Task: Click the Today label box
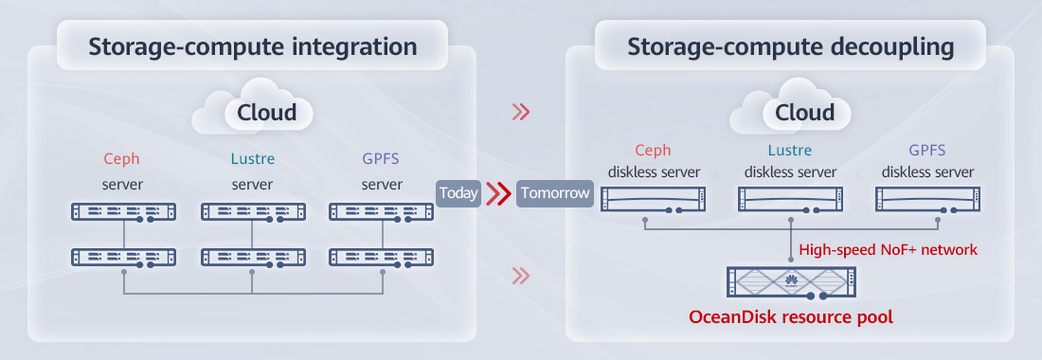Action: point(458,193)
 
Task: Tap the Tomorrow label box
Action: point(555,193)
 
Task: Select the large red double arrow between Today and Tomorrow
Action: point(497,193)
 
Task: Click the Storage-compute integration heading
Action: point(252,46)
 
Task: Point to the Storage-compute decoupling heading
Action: point(791,46)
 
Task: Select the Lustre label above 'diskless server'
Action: point(791,151)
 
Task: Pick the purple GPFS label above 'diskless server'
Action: point(926,151)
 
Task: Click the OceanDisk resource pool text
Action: point(791,315)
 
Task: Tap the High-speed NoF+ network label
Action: point(888,250)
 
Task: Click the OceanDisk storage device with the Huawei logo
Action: point(791,281)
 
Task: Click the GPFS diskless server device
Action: point(926,199)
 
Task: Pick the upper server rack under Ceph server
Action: point(124,212)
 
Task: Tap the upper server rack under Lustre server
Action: point(253,212)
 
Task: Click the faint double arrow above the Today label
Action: point(520,113)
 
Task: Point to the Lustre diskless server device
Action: point(791,199)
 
